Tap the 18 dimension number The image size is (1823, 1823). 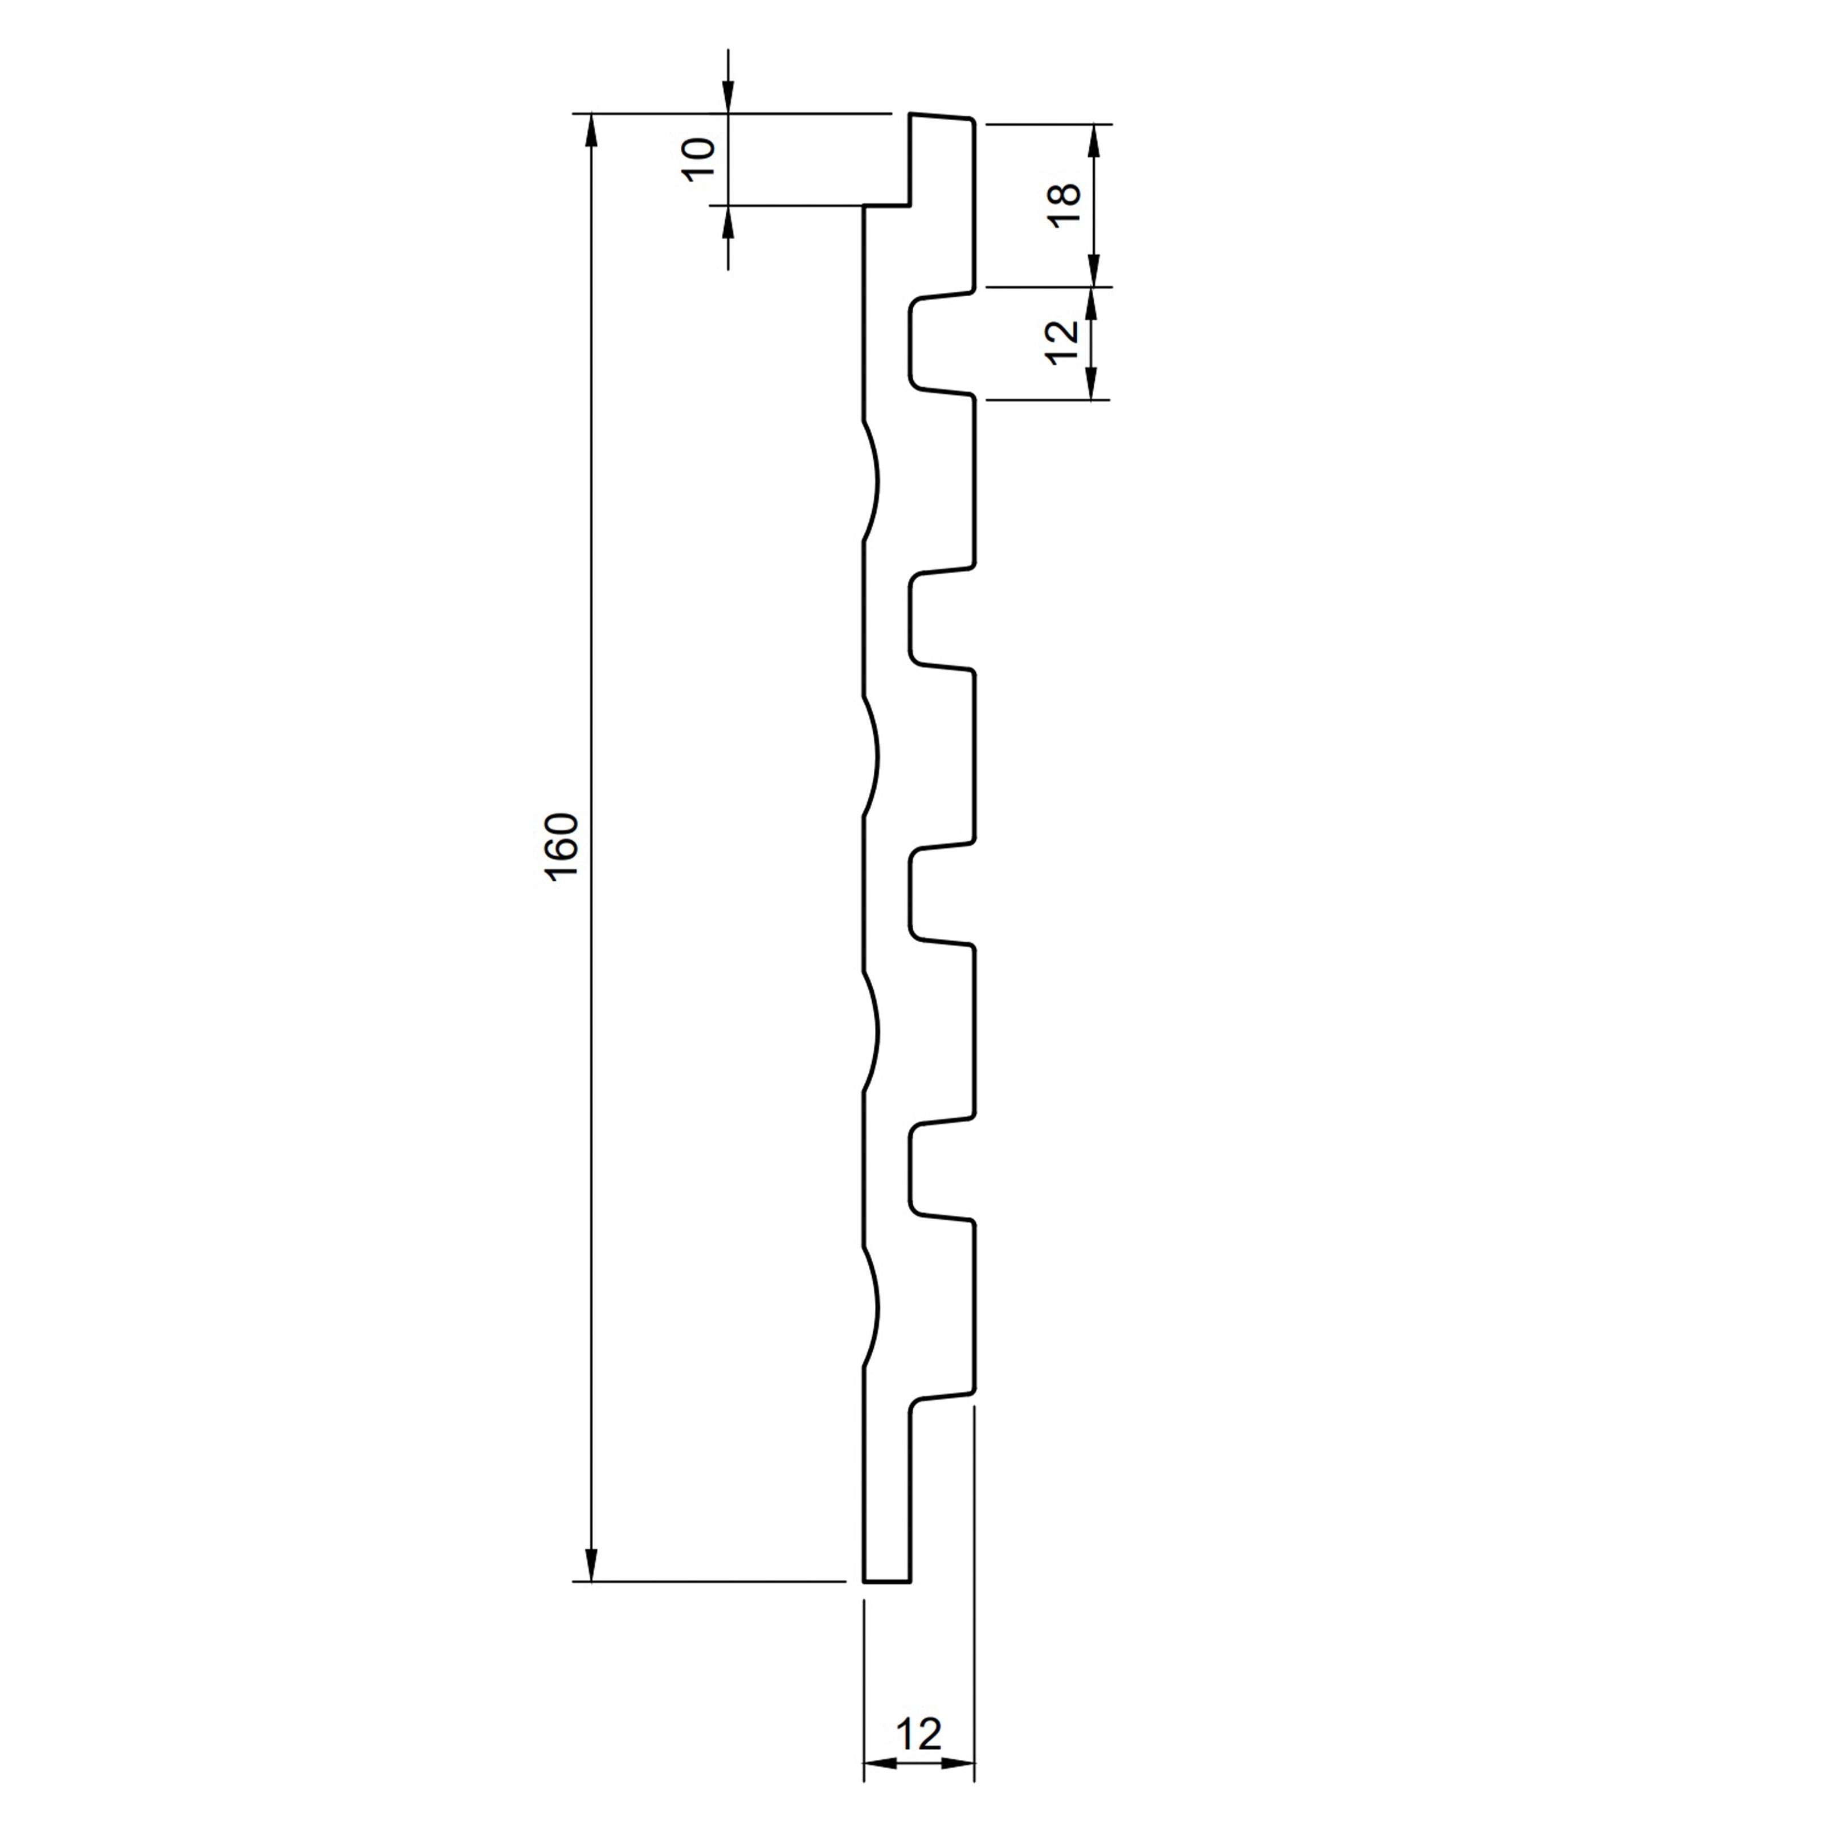click(x=1064, y=205)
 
